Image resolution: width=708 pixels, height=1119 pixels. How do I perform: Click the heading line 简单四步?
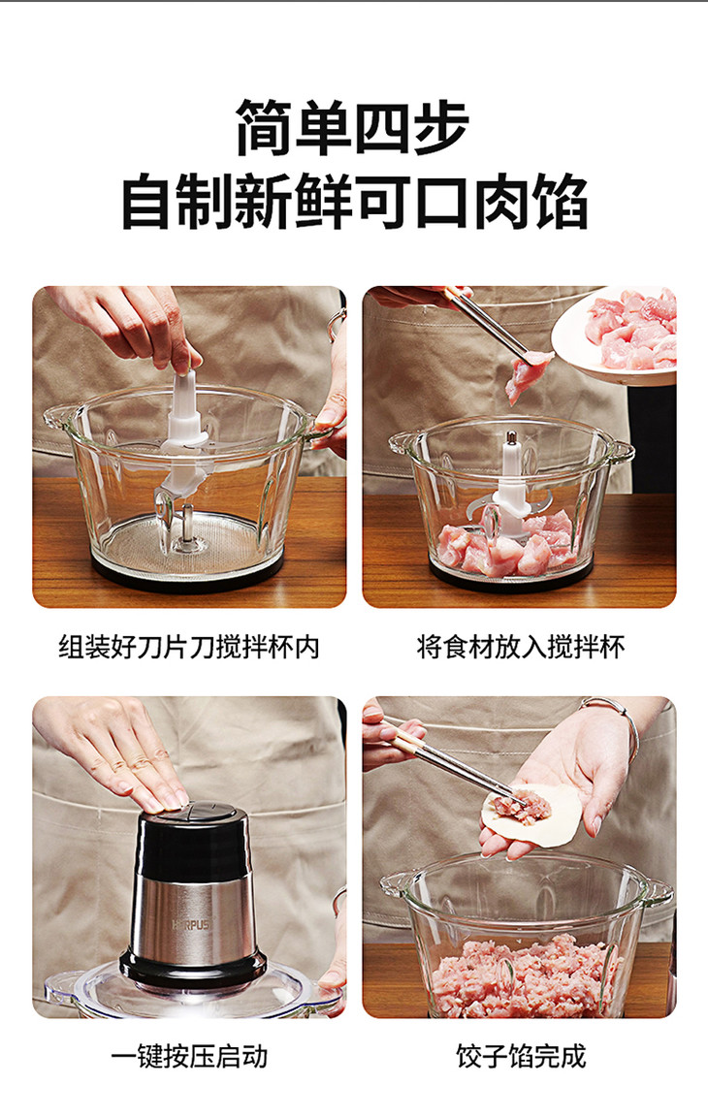[x=353, y=128]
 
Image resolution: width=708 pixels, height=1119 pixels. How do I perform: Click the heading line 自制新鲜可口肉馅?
[x=355, y=202]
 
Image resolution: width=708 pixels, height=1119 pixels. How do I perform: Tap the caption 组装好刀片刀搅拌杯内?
[x=189, y=648]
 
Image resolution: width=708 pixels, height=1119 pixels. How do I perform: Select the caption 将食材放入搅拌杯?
[x=520, y=648]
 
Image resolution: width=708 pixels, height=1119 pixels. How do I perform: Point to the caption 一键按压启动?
[x=189, y=1056]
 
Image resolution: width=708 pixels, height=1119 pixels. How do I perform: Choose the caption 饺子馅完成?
[x=521, y=1056]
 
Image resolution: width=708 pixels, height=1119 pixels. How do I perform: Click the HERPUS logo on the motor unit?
[x=191, y=924]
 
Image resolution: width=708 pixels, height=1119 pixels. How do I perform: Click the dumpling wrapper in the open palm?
[x=531, y=815]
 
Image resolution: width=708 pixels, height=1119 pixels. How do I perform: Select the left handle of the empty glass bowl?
[x=57, y=418]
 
